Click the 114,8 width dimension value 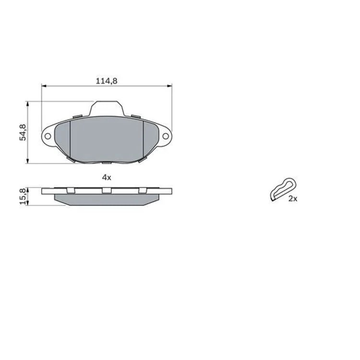106,81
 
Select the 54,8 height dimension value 23,132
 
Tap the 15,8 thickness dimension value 23,196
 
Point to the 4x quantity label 107,177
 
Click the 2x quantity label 293,199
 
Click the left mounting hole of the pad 48,136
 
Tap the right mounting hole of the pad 166,136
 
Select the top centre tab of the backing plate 107,108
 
